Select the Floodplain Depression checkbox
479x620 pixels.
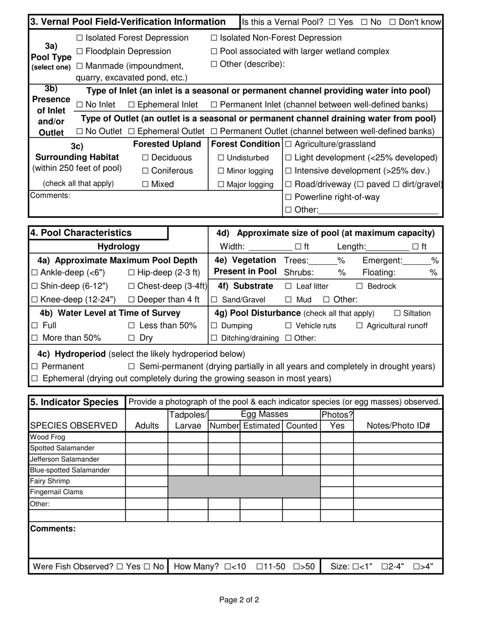[80, 51]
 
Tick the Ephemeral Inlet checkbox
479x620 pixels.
[132, 105]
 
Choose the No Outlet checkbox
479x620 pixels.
[80, 132]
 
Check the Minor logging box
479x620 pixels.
[221, 171]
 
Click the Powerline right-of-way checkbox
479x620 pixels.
[288, 197]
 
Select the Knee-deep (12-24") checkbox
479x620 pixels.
[34, 300]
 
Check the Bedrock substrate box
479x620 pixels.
[360, 286]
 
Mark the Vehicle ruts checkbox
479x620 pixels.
[288, 326]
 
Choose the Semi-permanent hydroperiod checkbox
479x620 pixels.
[132, 366]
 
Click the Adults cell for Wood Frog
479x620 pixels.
[146, 437]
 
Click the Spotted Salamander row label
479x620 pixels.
[62, 448]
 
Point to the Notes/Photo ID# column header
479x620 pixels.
[398, 426]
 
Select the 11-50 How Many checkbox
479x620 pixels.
[260, 567]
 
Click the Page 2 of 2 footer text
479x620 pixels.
[239, 600]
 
